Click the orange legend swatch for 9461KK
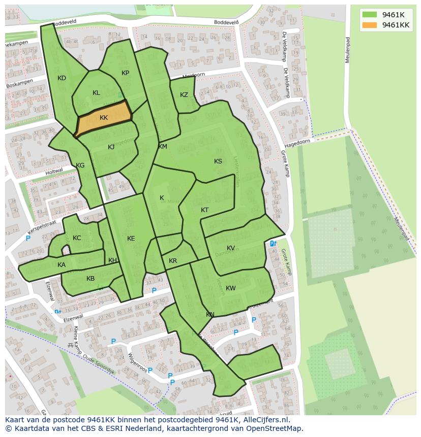pyautogui.click(x=370, y=25)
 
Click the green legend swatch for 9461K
pyautogui.click(x=370, y=15)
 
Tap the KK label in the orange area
pyautogui.click(x=104, y=118)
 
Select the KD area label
pyautogui.click(x=62, y=78)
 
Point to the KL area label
pyautogui.click(x=96, y=93)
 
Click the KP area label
pyautogui.click(x=125, y=73)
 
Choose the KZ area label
pyautogui.click(x=184, y=95)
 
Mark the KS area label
pyautogui.click(x=218, y=161)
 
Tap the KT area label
pyautogui.click(x=204, y=210)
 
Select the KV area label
pyautogui.click(x=231, y=248)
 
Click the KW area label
pyautogui.click(x=231, y=288)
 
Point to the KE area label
pyautogui.click(x=131, y=239)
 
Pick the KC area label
pyautogui.click(x=77, y=238)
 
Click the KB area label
pyautogui.click(x=91, y=279)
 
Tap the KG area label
pyautogui.click(x=80, y=165)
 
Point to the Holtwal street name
pyautogui.click(x=54, y=171)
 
